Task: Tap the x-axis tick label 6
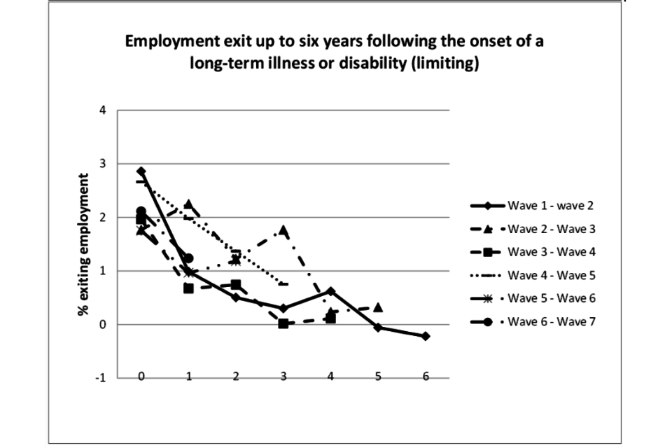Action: coord(425,376)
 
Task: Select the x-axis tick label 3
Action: coord(283,376)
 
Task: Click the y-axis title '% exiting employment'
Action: coord(83,244)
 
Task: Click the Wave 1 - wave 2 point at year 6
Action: coord(425,336)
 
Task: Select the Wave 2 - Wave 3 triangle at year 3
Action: coord(283,230)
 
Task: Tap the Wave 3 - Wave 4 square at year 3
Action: coord(283,323)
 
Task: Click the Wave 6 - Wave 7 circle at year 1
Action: coord(188,258)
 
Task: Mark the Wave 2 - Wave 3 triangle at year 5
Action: coord(378,307)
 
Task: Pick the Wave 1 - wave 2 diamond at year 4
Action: coord(330,291)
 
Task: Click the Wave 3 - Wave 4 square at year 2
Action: coord(236,285)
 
